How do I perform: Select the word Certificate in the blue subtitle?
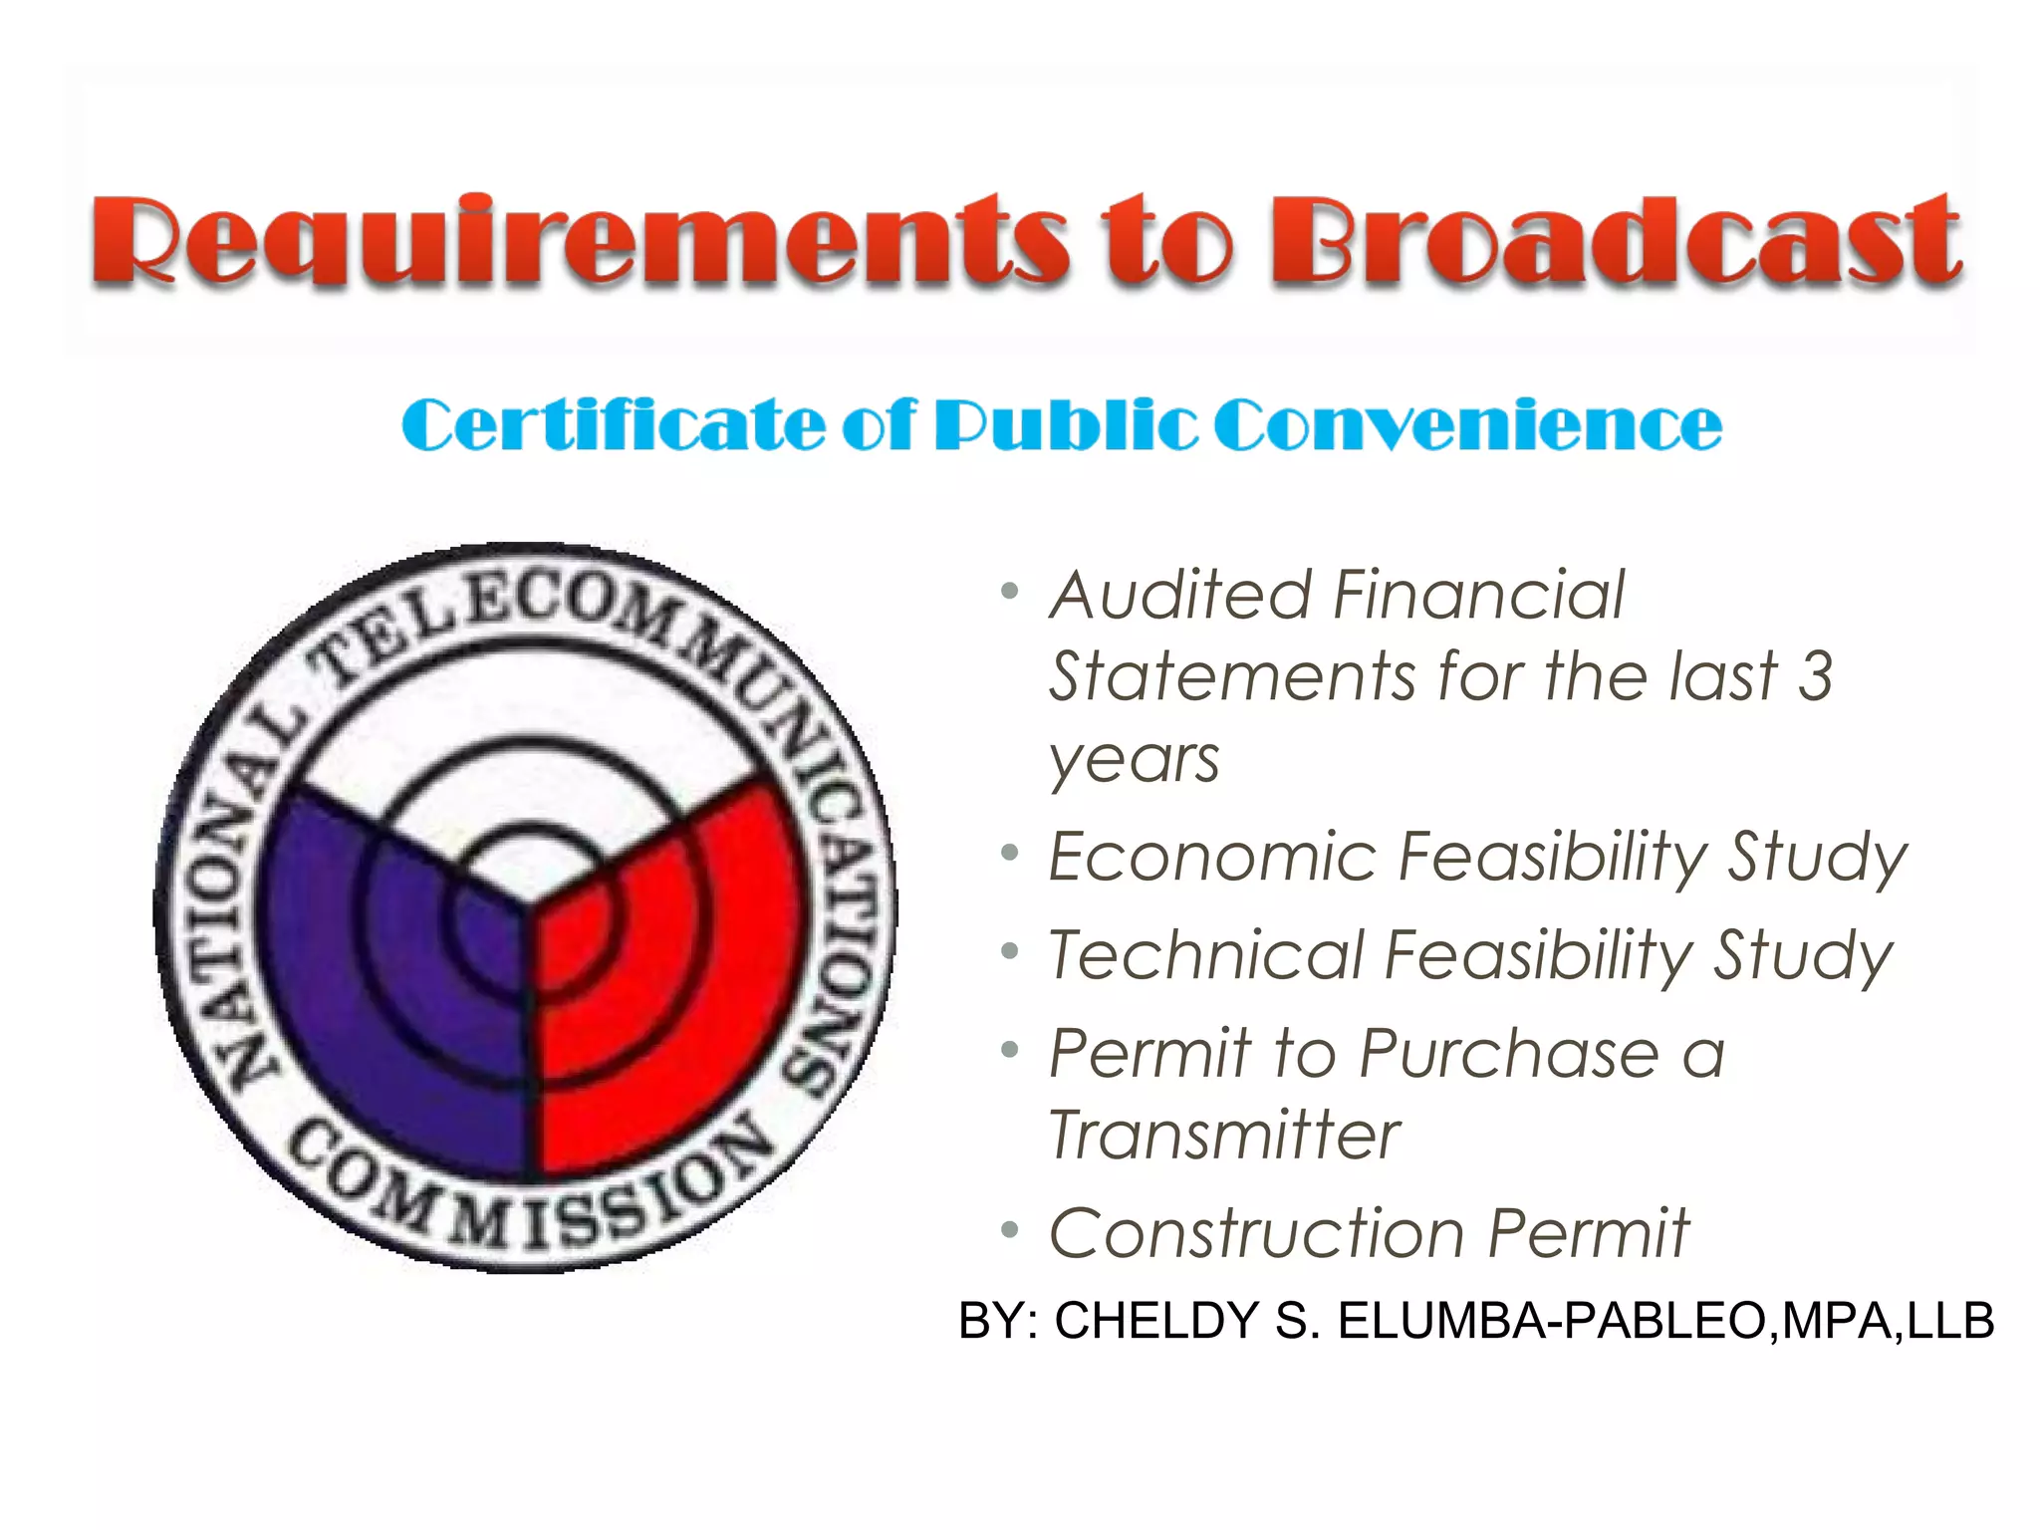pyautogui.click(x=613, y=425)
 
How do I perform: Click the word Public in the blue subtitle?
pyautogui.click(x=1065, y=425)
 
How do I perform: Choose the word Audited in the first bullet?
pyautogui.click(x=1181, y=596)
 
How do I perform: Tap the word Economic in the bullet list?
pyautogui.click(x=1210, y=857)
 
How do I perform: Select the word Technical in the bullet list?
pyautogui.click(x=1204, y=955)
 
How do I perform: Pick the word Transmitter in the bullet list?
pyautogui.click(x=1224, y=1136)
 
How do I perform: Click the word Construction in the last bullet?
pyautogui.click(x=1256, y=1234)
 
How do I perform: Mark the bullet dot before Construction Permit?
pyautogui.click(x=1010, y=1231)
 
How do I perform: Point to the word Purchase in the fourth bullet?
pyautogui.click(x=1509, y=1054)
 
